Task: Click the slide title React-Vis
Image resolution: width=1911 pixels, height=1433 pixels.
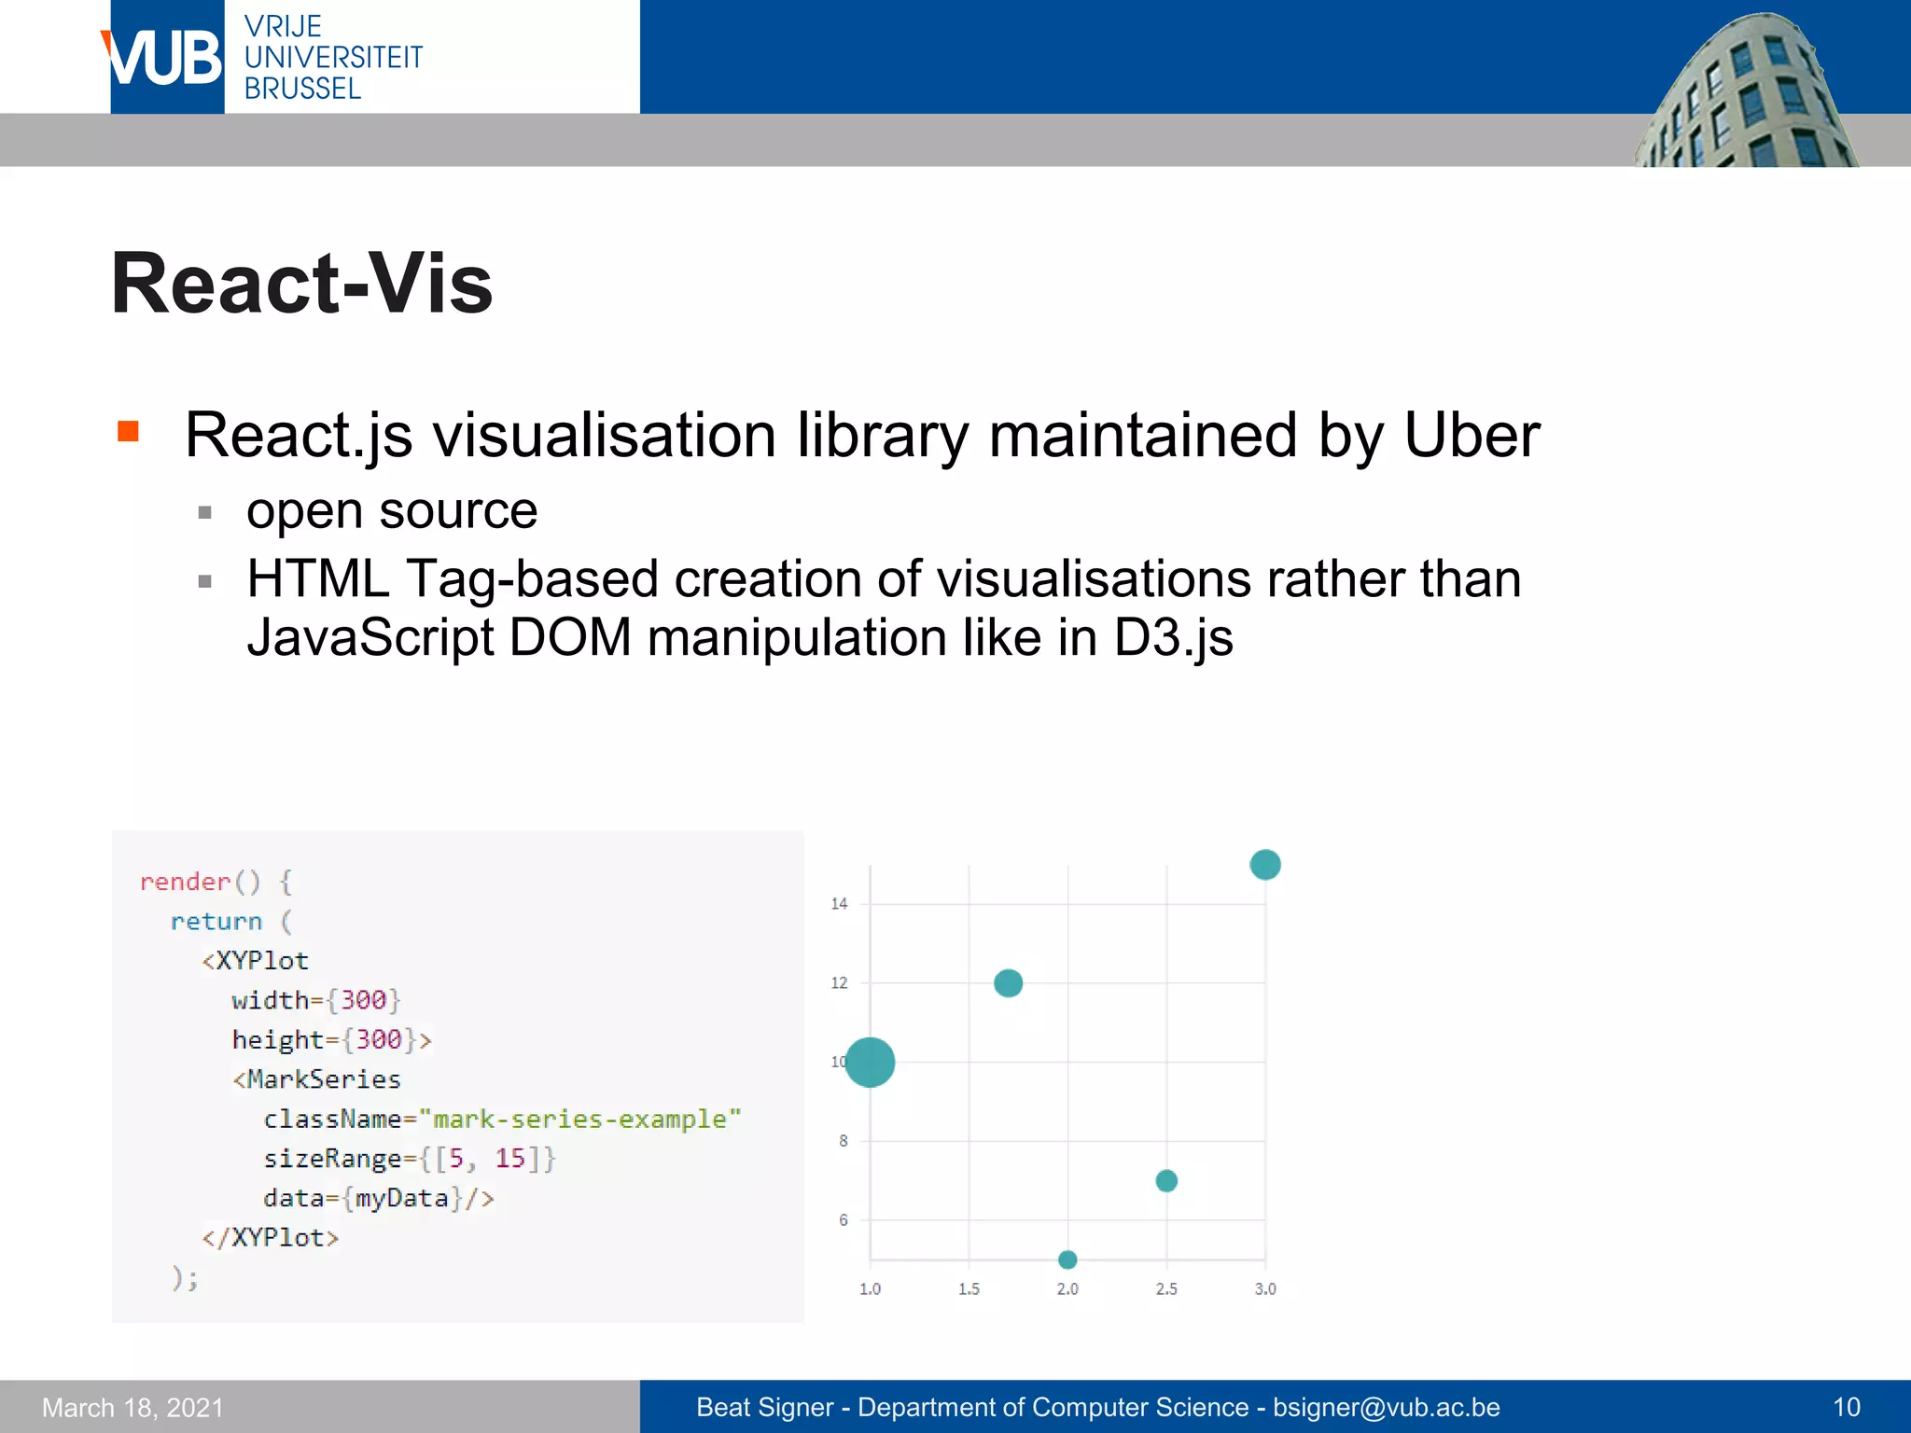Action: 301,284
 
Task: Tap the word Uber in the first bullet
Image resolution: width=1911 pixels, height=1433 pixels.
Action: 1472,436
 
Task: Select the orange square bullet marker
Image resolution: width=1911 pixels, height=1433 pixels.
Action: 128,431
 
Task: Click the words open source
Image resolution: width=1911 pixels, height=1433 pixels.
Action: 392,511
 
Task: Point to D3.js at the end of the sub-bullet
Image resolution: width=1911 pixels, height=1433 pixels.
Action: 1173,638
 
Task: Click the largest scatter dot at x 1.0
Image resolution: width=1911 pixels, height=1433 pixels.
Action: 870,1062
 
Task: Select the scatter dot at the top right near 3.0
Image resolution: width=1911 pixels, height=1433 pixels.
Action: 1264,865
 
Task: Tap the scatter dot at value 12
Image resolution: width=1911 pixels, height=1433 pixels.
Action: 1008,983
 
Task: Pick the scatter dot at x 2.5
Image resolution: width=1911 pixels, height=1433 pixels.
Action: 1166,1181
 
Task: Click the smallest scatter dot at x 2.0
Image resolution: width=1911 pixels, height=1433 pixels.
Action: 1067,1259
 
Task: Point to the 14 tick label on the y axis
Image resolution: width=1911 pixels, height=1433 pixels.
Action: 839,904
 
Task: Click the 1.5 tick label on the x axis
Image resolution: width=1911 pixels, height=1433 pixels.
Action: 969,1289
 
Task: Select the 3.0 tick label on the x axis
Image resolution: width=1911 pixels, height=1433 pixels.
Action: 1264,1289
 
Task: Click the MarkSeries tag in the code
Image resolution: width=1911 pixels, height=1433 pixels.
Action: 323,1079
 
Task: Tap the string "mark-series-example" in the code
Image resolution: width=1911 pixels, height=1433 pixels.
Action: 579,1119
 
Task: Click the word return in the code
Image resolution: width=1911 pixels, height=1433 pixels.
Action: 216,922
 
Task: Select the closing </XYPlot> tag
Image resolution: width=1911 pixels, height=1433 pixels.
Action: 271,1238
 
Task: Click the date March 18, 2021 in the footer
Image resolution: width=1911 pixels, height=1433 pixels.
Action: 133,1407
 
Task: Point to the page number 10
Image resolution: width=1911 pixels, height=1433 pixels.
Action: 1846,1407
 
